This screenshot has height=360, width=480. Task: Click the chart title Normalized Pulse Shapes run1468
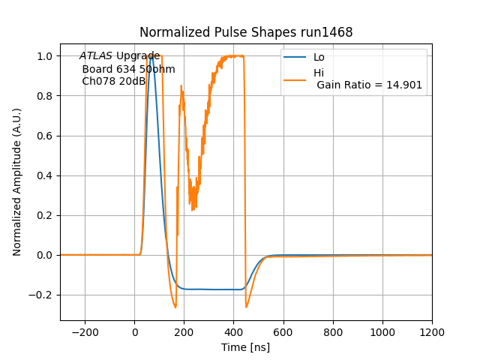[x=246, y=32]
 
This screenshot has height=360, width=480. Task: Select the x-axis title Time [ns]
[x=245, y=347]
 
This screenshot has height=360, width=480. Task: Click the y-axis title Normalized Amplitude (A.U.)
[x=17, y=181]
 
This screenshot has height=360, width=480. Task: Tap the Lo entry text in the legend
[x=319, y=57]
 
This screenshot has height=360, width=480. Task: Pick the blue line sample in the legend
[x=295, y=57]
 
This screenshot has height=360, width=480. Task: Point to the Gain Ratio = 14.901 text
[x=369, y=85]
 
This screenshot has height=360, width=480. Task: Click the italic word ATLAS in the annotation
[x=96, y=56]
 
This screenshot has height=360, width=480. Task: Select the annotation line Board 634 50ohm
[x=128, y=69]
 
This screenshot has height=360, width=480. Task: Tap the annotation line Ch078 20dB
[x=114, y=81]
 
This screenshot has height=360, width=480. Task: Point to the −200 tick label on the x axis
[x=85, y=331]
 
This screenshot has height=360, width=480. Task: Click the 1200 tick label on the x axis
[x=432, y=331]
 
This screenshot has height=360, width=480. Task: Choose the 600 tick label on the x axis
[x=283, y=331]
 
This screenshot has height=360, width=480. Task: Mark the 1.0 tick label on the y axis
[x=45, y=56]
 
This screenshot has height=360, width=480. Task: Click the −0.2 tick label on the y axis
[x=42, y=295]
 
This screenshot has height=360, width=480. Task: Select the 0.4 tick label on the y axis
[x=45, y=175]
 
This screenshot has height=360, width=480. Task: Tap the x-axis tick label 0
[x=135, y=331]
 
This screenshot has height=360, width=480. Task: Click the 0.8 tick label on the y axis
[x=45, y=96]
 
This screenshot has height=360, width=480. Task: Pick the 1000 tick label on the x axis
[x=382, y=331]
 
